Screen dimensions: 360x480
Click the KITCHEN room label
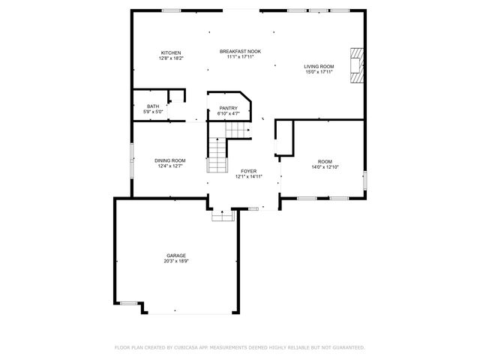pyautogui.click(x=170, y=52)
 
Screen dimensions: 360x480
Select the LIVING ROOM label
pyautogui.click(x=319, y=67)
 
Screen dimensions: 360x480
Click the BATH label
pyautogui.click(x=153, y=106)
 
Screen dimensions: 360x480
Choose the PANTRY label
pyautogui.click(x=228, y=108)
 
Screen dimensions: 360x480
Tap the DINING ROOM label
pyautogui.click(x=170, y=160)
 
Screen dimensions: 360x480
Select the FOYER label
pyautogui.click(x=249, y=171)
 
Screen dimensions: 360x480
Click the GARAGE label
pyautogui.click(x=176, y=255)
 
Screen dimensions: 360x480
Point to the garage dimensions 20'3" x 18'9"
pyautogui.click(x=176, y=261)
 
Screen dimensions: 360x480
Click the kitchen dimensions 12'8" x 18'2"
pyautogui.click(x=170, y=58)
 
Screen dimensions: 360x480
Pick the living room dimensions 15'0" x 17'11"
pyautogui.click(x=319, y=72)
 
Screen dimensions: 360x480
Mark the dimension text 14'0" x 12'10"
pyautogui.click(x=324, y=166)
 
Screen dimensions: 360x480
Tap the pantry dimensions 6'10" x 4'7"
pyautogui.click(x=228, y=113)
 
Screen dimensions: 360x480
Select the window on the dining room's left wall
pyautogui.click(x=132, y=159)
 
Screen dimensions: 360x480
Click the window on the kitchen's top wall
pyautogui.click(x=172, y=10)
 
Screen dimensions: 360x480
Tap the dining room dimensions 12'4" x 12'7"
pyautogui.click(x=170, y=166)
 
